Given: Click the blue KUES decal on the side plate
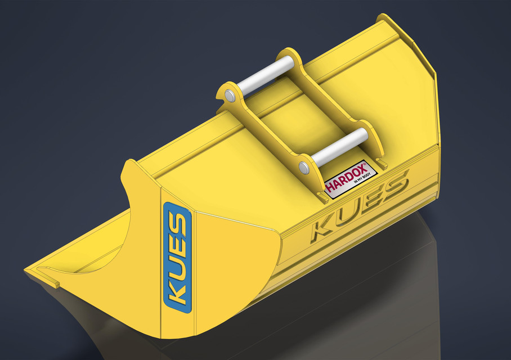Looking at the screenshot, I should pyautogui.click(x=177, y=256).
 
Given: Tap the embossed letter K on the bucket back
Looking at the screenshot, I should pyautogui.click(x=322, y=227).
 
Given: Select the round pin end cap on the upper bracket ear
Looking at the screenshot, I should pyautogui.click(x=230, y=97).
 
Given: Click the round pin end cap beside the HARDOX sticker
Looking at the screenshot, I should pyautogui.click(x=304, y=167).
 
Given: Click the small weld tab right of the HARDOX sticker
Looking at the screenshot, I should pyautogui.click(x=383, y=164).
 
